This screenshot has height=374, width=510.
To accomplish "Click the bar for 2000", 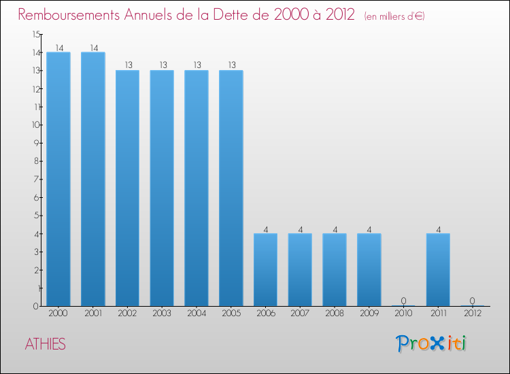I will coord(58,179).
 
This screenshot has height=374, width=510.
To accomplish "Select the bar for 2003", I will coord(162,188).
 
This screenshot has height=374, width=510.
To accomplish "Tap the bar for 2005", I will coord(231,188).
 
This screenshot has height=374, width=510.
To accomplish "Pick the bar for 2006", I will coord(265,269).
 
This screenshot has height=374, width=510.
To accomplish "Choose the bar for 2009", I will coord(369,269).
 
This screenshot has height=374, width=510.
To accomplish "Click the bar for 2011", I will coord(438,269).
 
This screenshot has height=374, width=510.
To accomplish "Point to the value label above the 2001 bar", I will coord(93,48).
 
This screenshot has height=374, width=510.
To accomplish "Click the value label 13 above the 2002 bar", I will coord(128,65).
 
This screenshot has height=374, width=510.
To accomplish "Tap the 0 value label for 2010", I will coord(404,301).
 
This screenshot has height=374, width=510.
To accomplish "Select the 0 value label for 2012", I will coord(473,301).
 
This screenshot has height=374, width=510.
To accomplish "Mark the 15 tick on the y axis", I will coord(35,34).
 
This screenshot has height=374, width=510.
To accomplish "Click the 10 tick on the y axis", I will coord(35,124).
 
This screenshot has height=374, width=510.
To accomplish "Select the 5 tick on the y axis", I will coord(37,216).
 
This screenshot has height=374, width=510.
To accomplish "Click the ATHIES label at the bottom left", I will coord(46,344).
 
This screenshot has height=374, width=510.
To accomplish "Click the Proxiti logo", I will coord(431,343).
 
